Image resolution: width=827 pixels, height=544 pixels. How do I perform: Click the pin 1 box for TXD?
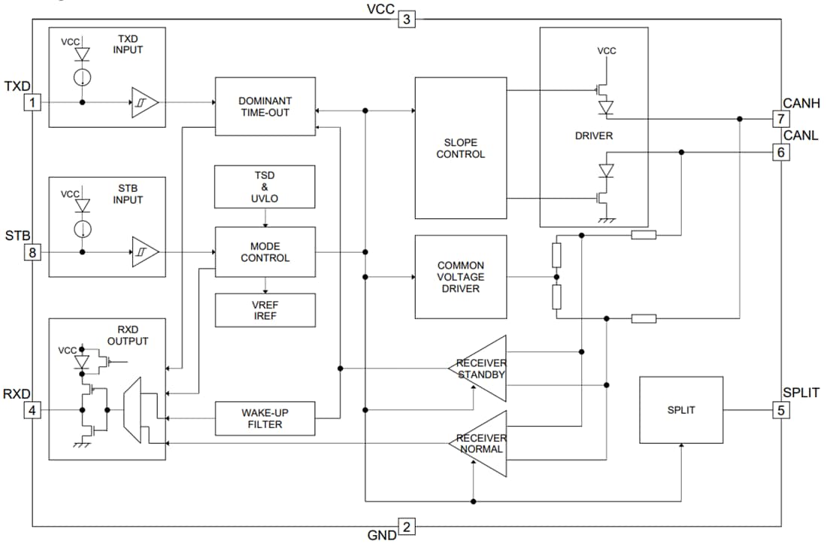32,102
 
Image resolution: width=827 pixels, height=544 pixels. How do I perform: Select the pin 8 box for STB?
32,252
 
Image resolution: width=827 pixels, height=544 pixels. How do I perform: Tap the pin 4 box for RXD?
32,410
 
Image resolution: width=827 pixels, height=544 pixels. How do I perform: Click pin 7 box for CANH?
781,119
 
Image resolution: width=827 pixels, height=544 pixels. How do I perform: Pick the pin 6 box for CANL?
781,152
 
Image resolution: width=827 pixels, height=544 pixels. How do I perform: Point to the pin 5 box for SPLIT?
781,410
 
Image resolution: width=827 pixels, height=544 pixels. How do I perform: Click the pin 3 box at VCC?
407,19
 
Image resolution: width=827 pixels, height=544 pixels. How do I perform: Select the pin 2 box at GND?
406,527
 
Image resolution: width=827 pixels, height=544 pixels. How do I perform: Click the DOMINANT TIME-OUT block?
265,106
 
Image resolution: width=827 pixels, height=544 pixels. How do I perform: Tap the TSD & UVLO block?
265,187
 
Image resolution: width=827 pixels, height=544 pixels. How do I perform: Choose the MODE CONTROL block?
265,252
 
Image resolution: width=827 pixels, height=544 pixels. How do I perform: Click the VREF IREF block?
265,310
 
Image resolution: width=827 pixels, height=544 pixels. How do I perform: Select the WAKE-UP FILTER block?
265,418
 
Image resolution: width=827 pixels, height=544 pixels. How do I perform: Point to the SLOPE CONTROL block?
460,148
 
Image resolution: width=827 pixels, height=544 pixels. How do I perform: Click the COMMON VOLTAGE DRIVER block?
460,277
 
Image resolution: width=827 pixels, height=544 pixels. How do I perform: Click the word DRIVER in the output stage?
593,136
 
